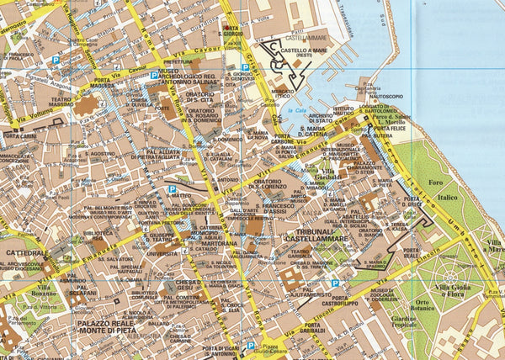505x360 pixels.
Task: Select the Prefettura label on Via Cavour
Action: click(x=178, y=61)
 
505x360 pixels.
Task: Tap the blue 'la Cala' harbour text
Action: click(x=295, y=110)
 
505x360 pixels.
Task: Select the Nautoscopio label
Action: click(x=379, y=97)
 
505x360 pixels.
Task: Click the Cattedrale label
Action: click(x=24, y=252)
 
